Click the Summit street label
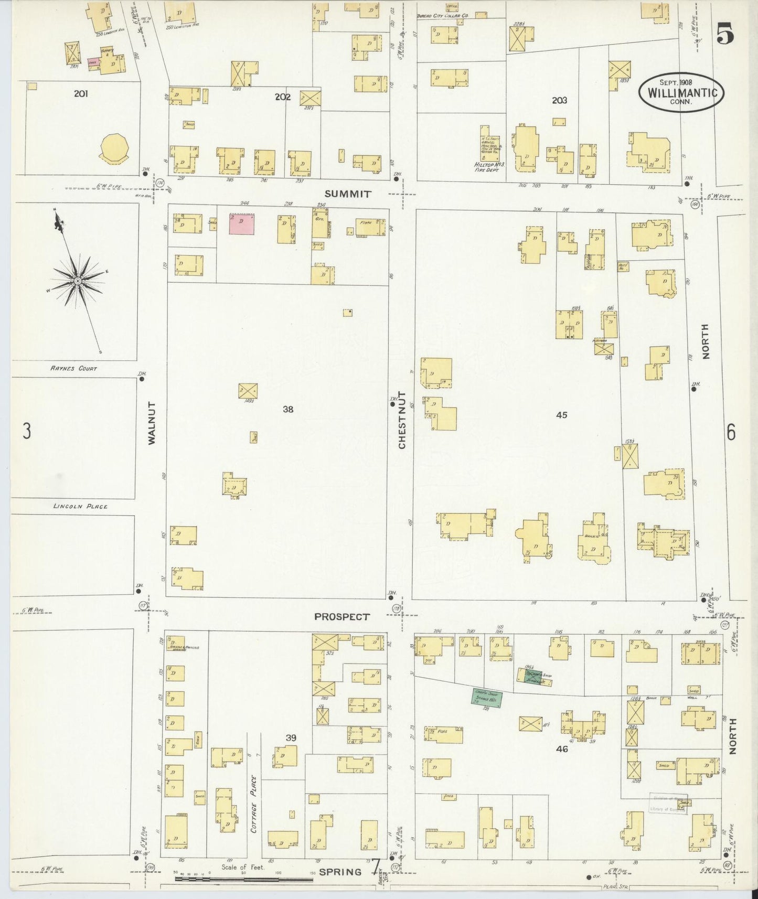click(347, 194)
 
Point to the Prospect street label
click(341, 617)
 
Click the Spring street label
click(340, 872)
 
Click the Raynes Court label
click(73, 368)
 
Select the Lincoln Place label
click(80, 506)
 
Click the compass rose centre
click(78, 281)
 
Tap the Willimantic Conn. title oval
click(681, 92)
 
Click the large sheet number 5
click(725, 35)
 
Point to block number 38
click(288, 410)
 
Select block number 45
click(561, 415)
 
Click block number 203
click(559, 100)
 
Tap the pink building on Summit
click(241, 223)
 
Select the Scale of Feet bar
click(244, 878)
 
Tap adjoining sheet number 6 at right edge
click(731, 433)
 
